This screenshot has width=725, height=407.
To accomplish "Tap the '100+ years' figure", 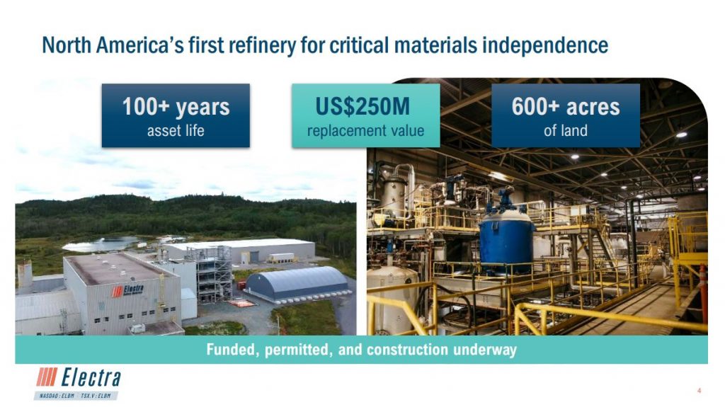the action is [176, 107].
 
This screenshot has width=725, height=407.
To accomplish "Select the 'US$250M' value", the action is [362, 106].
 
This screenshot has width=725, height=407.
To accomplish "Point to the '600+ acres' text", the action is [566, 107].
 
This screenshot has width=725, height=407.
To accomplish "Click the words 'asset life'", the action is [176, 131].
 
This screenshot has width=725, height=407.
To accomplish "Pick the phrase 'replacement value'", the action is [366, 131].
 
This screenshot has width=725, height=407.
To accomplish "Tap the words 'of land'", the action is [566, 131].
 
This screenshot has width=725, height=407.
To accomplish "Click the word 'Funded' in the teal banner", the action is [233, 349].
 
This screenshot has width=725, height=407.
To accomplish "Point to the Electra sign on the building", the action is [127, 290].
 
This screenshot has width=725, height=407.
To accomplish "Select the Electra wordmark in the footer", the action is [91, 378].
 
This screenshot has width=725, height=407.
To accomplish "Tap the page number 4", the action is [699, 391].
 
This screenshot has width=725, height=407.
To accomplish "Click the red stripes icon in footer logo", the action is [47, 377].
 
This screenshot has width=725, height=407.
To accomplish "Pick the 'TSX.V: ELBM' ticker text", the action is [96, 396].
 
